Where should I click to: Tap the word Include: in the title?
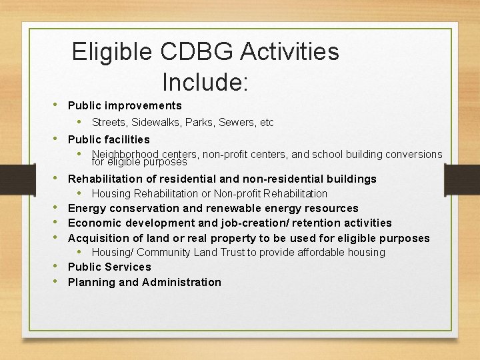point(205,82)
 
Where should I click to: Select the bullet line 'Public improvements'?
point(125,105)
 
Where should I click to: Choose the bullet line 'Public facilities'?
point(109,139)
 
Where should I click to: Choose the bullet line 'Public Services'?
point(109,267)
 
